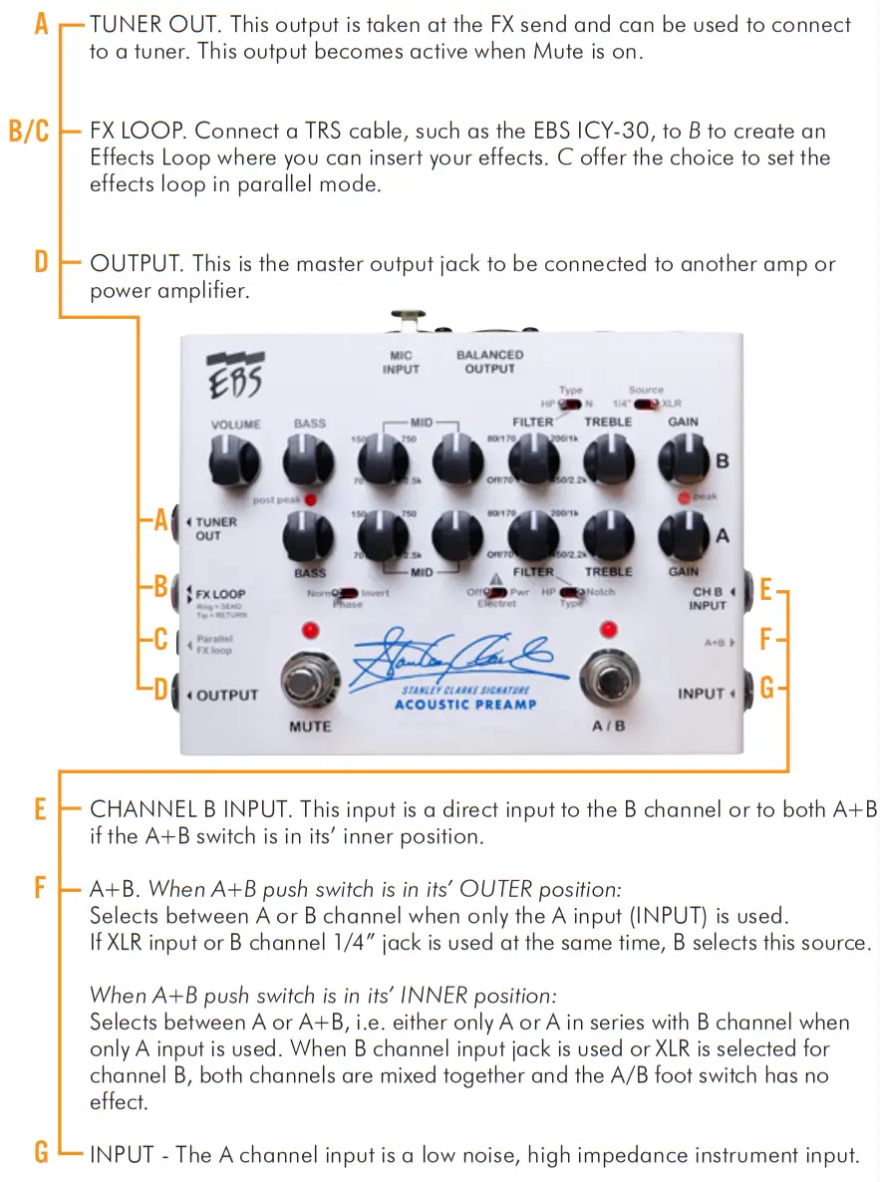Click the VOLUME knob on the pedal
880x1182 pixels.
click(234, 461)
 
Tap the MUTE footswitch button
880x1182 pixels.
click(309, 685)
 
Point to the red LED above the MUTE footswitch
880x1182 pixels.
click(309, 630)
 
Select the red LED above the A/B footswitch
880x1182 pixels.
click(608, 629)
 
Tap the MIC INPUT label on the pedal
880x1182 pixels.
click(402, 362)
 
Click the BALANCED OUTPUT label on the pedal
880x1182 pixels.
click(489, 362)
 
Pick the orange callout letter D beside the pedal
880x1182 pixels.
click(159, 689)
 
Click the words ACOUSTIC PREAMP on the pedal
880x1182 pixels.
click(465, 705)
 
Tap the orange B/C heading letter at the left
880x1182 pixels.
click(28, 131)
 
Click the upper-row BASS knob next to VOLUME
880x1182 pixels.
click(309, 461)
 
